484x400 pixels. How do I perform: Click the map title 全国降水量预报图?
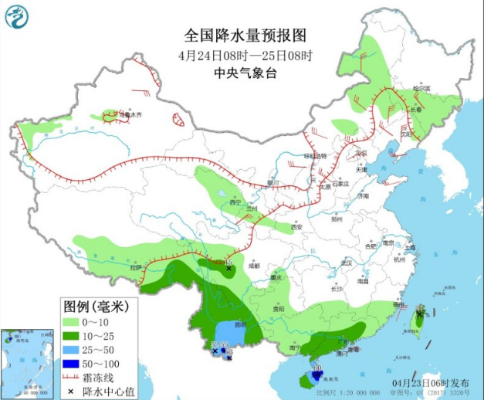point(245,36)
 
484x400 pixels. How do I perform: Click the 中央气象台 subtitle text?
point(245,73)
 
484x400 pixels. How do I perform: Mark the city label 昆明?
point(241,324)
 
